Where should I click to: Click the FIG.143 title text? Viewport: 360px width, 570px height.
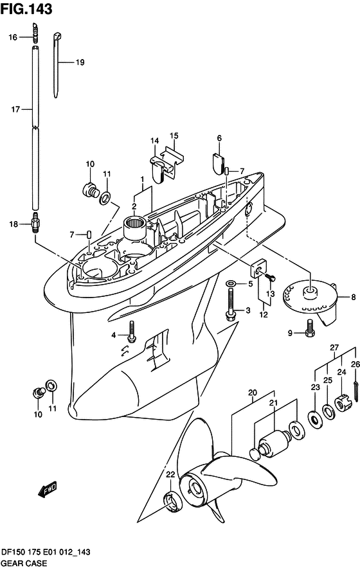(26, 9)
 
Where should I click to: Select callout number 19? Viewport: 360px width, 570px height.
(80, 62)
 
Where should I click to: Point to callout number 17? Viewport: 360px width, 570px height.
(15, 109)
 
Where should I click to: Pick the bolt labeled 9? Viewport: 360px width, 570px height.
(310, 328)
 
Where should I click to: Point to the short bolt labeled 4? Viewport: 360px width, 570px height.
(132, 331)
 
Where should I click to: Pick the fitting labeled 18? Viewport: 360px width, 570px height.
(35, 224)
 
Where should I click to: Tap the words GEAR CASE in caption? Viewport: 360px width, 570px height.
(24, 563)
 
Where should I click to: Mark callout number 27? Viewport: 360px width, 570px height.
(334, 348)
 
